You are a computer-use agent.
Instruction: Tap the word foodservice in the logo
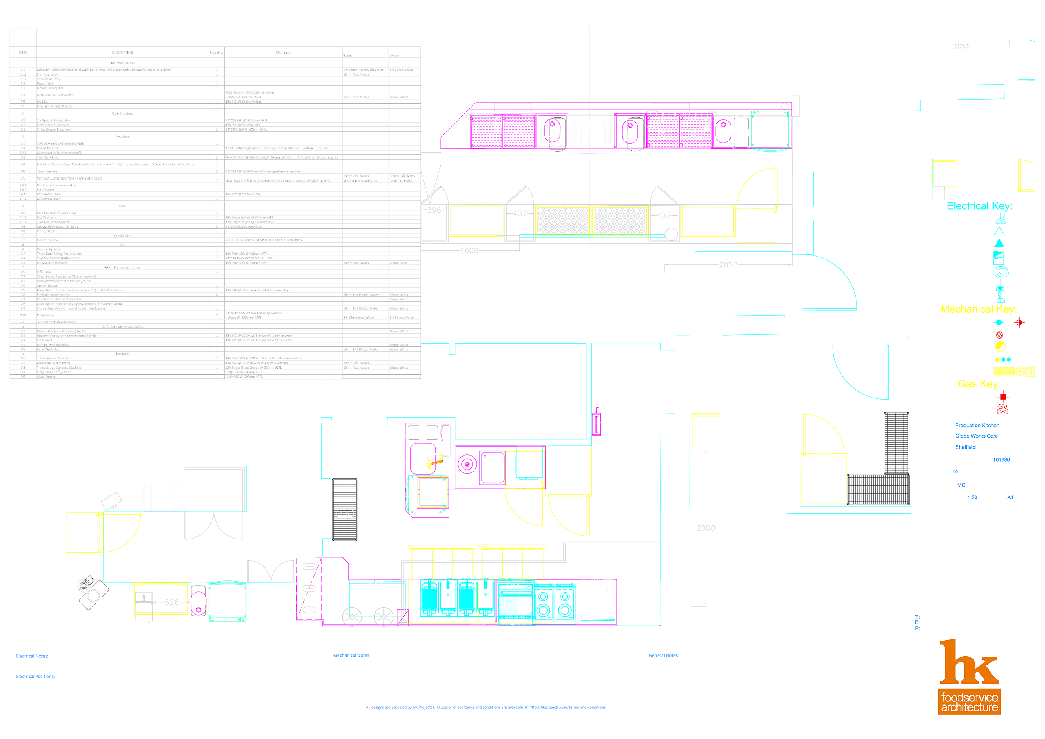tap(969, 698)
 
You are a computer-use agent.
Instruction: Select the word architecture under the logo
tap(969, 708)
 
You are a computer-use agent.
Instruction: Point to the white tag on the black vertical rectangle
tap(345, 513)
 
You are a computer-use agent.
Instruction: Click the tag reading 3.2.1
tap(516, 618)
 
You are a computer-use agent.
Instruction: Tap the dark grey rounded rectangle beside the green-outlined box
tap(741, 132)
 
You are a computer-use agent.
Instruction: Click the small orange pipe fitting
tap(435, 463)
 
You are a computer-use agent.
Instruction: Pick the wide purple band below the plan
tap(492, 640)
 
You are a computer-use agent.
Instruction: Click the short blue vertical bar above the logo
tap(918, 626)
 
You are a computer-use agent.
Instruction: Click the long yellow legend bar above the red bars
tap(988, 310)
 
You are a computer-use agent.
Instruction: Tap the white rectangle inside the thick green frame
tap(231, 600)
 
